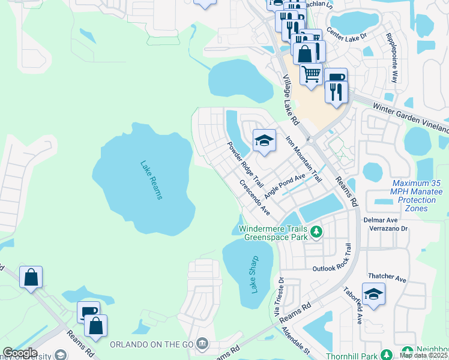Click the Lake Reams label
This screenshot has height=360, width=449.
tap(151, 179)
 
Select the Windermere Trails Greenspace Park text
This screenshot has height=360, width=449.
tap(273, 233)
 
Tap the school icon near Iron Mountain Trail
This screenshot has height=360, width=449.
tap(264, 141)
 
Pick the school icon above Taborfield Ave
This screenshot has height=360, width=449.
tap(373, 294)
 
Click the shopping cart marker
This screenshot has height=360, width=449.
tap(311, 74)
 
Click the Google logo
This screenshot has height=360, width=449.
tap(20, 353)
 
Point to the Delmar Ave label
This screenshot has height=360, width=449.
tap(377, 220)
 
